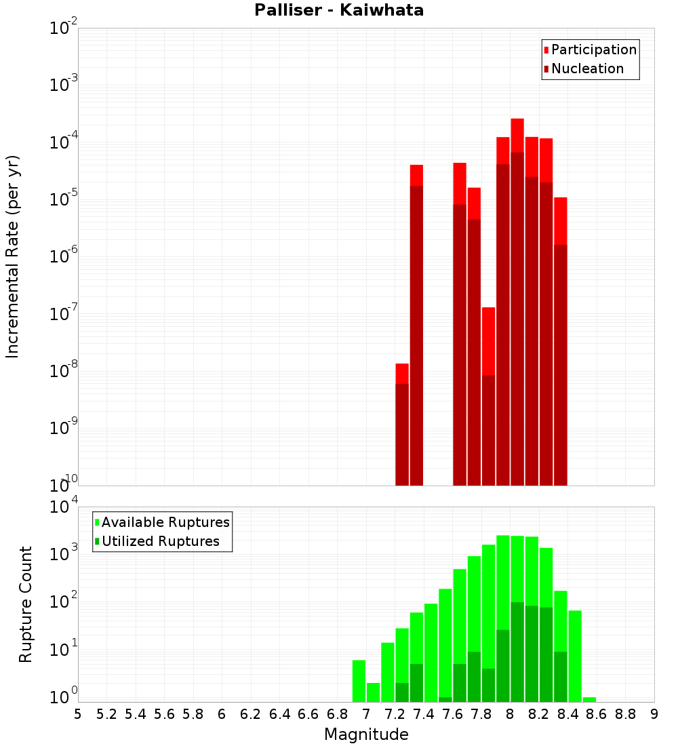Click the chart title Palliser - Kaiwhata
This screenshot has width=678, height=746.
pos(339,11)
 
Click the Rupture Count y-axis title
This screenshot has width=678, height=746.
pos(26,604)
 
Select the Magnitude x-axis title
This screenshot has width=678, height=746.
pos(366,734)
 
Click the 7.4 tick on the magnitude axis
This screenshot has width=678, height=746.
pos(424,714)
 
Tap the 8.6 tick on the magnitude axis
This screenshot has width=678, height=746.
pos(597,714)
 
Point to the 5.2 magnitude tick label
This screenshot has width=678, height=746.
pos(106,714)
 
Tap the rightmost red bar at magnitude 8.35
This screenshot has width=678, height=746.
pos(560,339)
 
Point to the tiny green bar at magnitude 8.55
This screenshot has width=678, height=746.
pos(589,699)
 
